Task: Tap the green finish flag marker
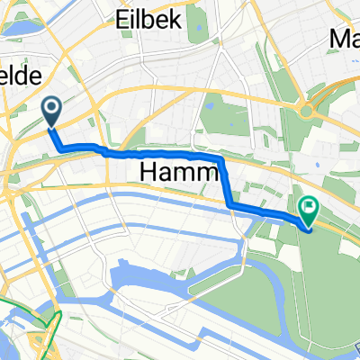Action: tap(309, 211)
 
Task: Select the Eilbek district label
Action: tap(149, 19)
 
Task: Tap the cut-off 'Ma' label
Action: tap(346, 40)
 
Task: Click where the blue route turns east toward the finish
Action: tap(232, 206)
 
